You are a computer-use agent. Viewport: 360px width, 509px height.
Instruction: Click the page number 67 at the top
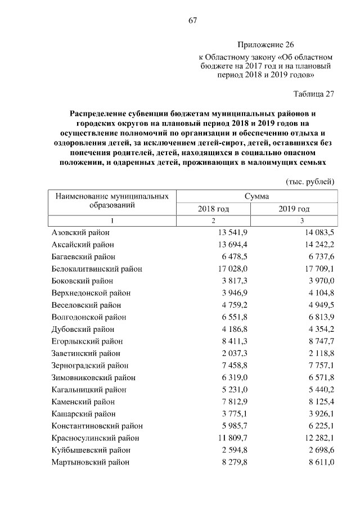(x=192, y=21)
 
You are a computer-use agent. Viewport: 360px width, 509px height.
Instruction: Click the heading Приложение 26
(x=265, y=44)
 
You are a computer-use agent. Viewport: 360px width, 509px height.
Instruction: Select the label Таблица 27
(x=314, y=94)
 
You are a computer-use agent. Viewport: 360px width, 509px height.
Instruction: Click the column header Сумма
(x=256, y=196)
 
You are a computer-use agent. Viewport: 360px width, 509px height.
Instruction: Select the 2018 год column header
(x=213, y=209)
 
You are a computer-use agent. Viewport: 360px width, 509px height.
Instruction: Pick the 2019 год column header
(x=294, y=209)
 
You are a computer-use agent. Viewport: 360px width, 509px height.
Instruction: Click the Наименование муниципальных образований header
(x=112, y=201)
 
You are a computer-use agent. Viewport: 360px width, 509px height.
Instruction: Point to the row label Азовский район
(x=80, y=232)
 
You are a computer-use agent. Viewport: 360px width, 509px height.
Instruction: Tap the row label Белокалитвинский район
(x=97, y=269)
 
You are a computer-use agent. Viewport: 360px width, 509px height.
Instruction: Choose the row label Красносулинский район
(x=95, y=438)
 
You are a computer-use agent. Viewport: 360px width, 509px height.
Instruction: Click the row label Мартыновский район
(x=90, y=462)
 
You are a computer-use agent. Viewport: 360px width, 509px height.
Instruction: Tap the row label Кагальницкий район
(x=89, y=389)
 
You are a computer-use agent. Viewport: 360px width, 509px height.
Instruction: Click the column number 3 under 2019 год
(x=301, y=220)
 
